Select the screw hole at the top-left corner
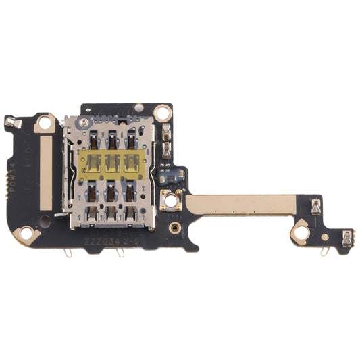tap(45, 123)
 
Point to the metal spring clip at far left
tap(11, 122)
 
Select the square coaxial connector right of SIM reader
tap(172, 199)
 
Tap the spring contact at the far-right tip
tap(347, 236)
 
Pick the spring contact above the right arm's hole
tap(315, 207)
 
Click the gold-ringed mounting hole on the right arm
tap(300, 234)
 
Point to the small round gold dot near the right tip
tap(325, 236)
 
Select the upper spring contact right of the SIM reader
tap(167, 133)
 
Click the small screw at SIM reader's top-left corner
tap(83, 123)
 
